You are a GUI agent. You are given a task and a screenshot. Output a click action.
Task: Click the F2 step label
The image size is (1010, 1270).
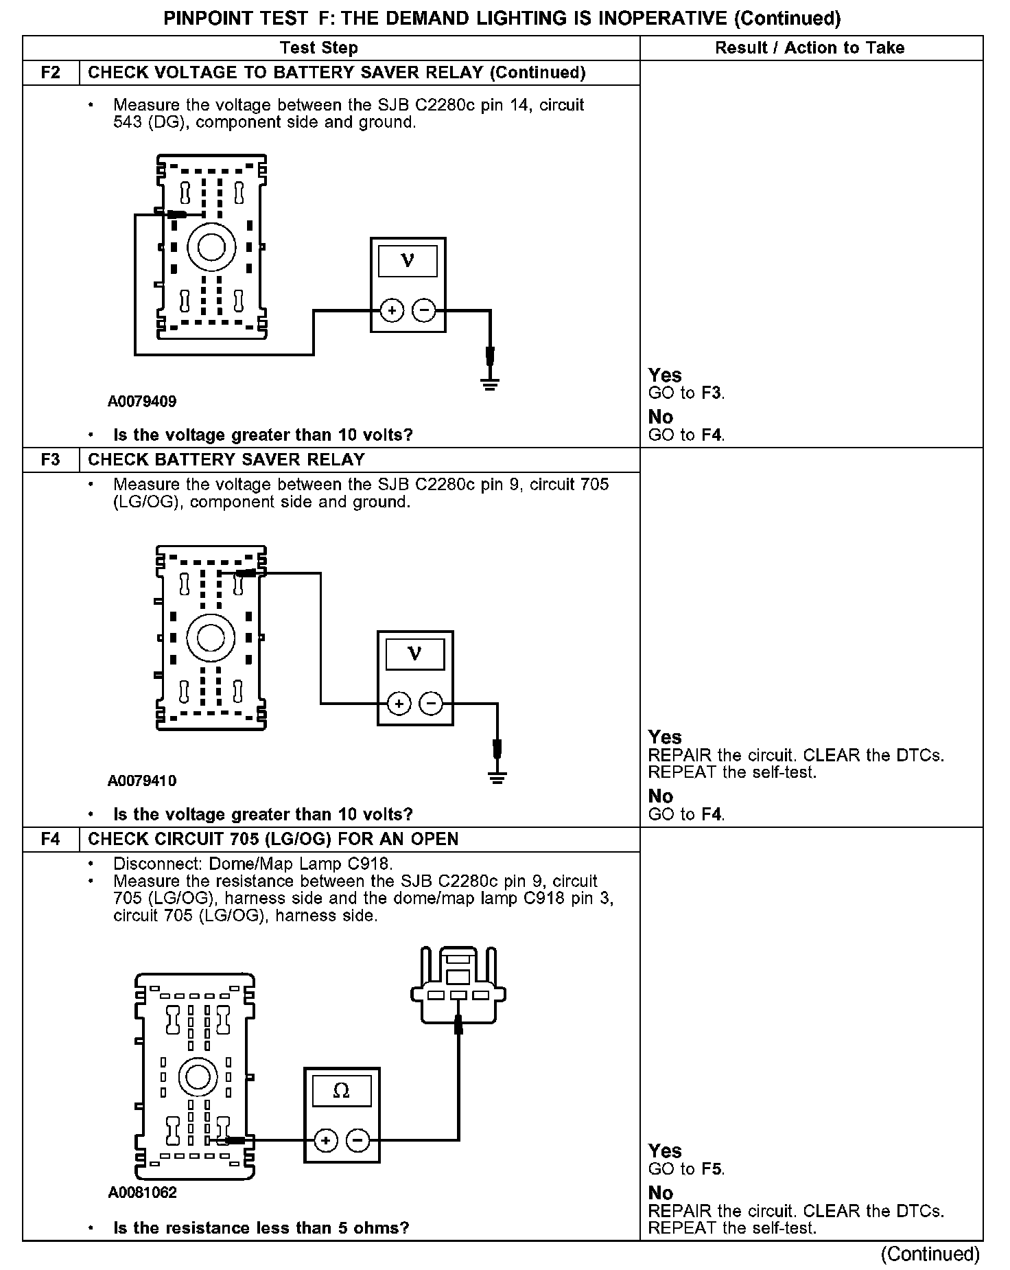(x=51, y=73)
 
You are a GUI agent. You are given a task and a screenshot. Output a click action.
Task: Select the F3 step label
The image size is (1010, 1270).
(x=51, y=459)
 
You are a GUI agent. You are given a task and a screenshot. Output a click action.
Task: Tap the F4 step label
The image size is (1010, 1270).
(x=51, y=839)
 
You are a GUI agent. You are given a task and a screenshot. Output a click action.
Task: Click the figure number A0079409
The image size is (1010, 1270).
(x=142, y=402)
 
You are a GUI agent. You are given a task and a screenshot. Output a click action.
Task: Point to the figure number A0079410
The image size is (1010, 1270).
(x=142, y=781)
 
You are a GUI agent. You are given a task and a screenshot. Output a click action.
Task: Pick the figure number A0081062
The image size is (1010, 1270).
(x=143, y=1192)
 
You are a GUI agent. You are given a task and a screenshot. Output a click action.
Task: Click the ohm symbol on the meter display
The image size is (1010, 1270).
(x=341, y=1090)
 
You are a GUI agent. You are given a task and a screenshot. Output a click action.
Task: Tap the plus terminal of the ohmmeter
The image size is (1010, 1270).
(x=326, y=1141)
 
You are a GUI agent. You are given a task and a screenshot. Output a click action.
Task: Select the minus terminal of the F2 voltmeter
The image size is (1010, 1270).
(x=424, y=311)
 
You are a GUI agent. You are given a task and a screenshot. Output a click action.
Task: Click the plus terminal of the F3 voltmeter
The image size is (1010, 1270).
(x=399, y=704)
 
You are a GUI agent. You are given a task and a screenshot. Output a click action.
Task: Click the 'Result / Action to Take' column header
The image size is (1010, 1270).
(x=810, y=48)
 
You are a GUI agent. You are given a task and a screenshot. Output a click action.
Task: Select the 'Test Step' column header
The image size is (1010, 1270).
(x=319, y=48)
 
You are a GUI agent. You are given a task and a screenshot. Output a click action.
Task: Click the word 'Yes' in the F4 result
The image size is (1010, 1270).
(x=665, y=1151)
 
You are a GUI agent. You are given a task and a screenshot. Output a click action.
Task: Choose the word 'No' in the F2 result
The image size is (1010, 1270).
(x=661, y=417)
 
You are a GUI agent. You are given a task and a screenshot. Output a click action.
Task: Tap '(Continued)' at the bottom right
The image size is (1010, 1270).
(x=930, y=1254)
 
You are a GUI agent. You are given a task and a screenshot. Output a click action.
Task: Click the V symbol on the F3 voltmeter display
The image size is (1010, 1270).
(x=414, y=653)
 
